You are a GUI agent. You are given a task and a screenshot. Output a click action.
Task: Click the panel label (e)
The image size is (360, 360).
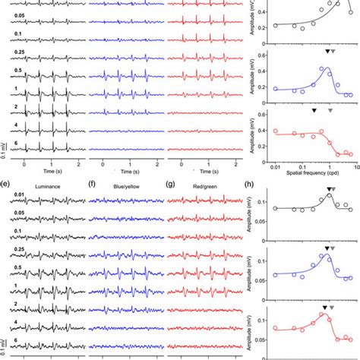coord(5,183)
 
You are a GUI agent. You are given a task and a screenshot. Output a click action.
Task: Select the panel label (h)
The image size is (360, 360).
coord(261,183)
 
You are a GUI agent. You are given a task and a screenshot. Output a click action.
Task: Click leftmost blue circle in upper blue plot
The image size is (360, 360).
coord(276,88)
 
